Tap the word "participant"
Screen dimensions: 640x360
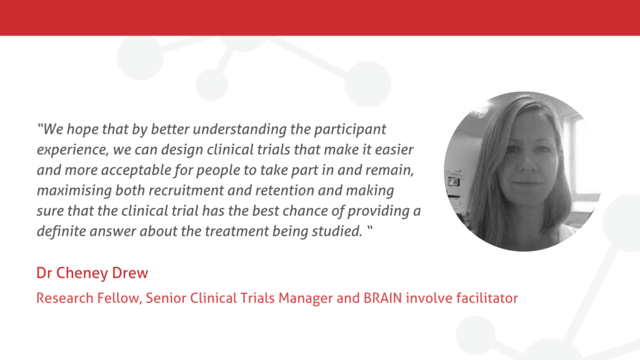click(350, 130)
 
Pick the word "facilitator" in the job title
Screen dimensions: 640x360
click(487, 298)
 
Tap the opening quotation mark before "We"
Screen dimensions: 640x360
click(40, 126)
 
